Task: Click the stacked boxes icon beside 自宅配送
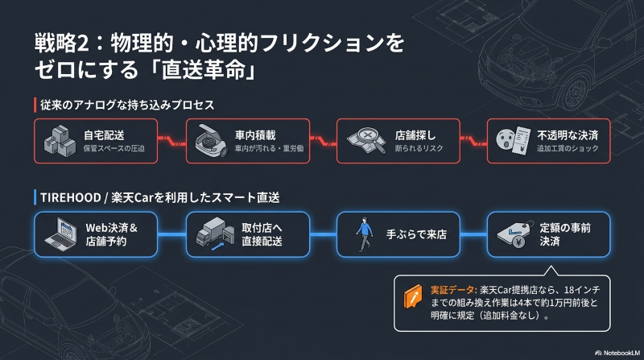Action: pos(60,143)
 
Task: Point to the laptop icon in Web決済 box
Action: pos(60,234)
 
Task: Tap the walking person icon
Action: pos(365,234)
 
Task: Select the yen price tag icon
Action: pos(512,234)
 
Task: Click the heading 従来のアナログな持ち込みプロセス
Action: pos(136,105)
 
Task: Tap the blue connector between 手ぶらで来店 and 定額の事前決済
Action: pos(473,234)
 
